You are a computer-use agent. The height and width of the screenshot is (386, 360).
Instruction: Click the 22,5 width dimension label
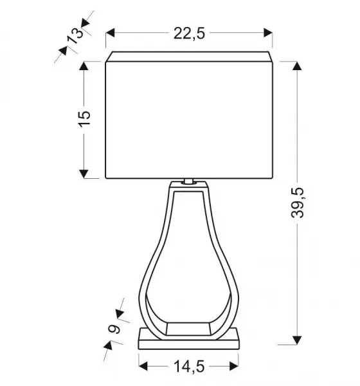tap(189, 33)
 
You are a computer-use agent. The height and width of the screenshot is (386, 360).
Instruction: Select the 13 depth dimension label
tap(76, 36)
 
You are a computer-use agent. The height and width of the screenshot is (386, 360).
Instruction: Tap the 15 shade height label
tap(84, 119)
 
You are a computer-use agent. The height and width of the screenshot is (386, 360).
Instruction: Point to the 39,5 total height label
tap(297, 203)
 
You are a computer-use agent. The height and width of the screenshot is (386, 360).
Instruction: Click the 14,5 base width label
tap(189, 366)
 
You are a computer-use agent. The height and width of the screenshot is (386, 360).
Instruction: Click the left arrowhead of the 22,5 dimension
tap(110, 33)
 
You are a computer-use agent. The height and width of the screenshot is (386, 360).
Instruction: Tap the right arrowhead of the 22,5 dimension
tap(267, 33)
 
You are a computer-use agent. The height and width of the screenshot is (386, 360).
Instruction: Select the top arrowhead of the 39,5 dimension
tap(297, 66)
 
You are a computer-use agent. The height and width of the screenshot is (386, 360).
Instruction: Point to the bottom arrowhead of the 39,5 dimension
tap(297, 340)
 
